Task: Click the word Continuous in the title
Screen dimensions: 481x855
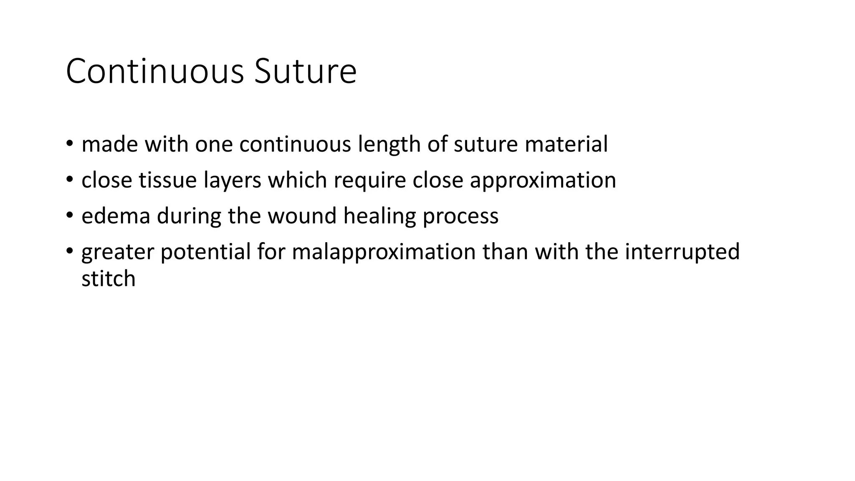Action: click(x=154, y=72)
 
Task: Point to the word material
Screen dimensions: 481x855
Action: click(x=566, y=144)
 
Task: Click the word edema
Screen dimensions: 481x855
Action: click(x=116, y=216)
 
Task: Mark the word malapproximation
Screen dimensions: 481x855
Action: click(x=384, y=252)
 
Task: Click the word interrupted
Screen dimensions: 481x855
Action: click(x=682, y=252)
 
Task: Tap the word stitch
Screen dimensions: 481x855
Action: click(x=109, y=279)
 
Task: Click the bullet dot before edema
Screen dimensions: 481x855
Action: click(x=69, y=215)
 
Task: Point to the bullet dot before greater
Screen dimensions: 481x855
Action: click(x=69, y=251)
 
